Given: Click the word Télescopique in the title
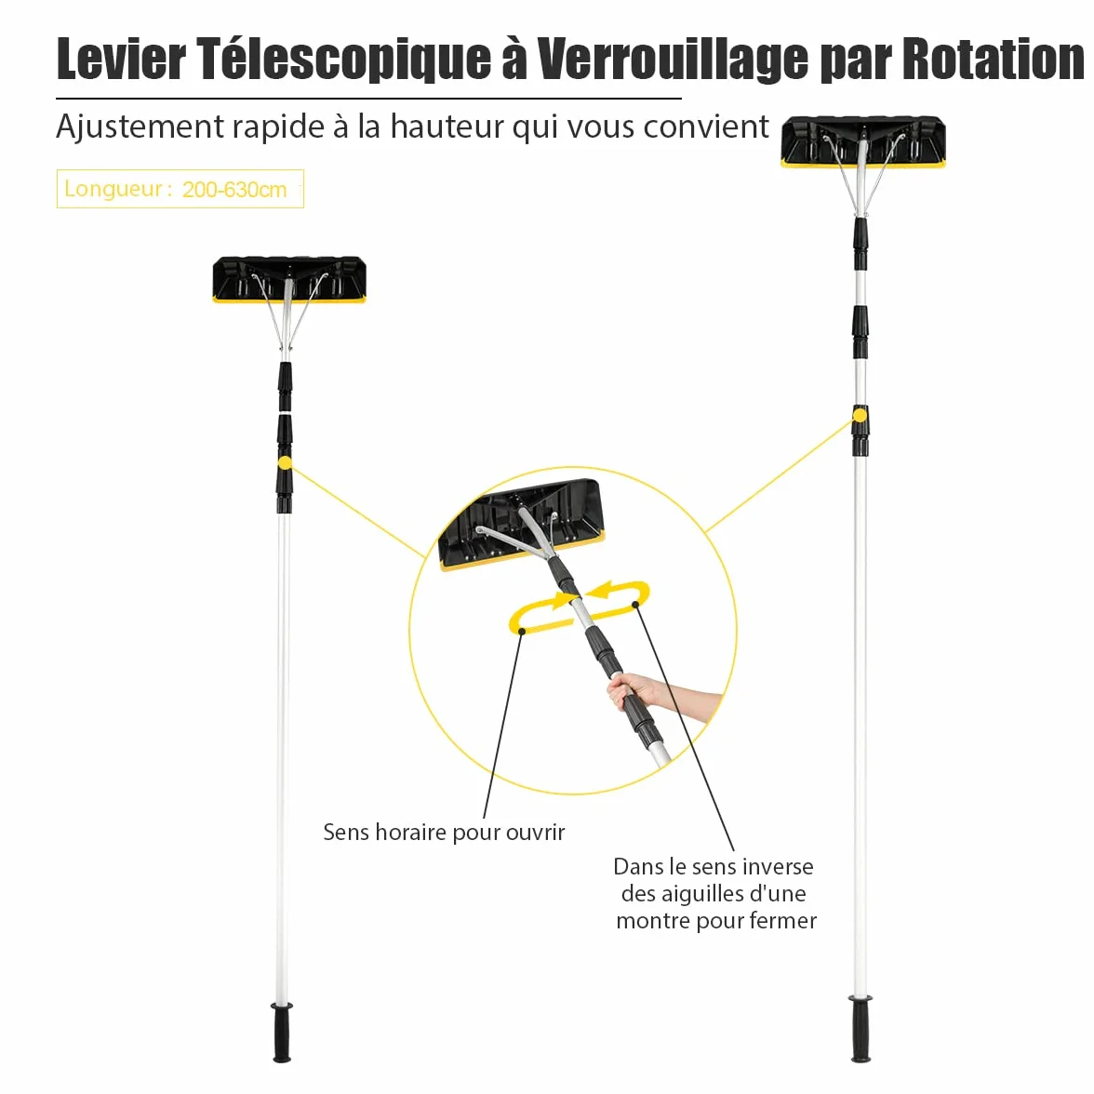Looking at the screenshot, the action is point(344,60).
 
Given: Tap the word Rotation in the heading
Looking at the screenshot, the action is point(994,59).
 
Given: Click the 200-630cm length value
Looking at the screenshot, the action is point(234,190).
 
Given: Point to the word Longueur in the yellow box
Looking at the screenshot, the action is point(113,189).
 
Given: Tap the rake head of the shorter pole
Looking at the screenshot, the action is point(289,280).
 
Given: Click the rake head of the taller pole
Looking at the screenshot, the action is point(863,142).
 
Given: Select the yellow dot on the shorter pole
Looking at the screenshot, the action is point(285,462).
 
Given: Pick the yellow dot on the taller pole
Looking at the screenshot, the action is point(860,416).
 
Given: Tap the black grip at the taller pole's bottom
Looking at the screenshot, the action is point(861,1029).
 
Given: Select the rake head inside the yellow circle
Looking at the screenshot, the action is point(521,523).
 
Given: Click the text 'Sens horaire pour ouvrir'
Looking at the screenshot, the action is point(444,833).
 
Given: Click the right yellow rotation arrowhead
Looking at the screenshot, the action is point(600,591).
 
